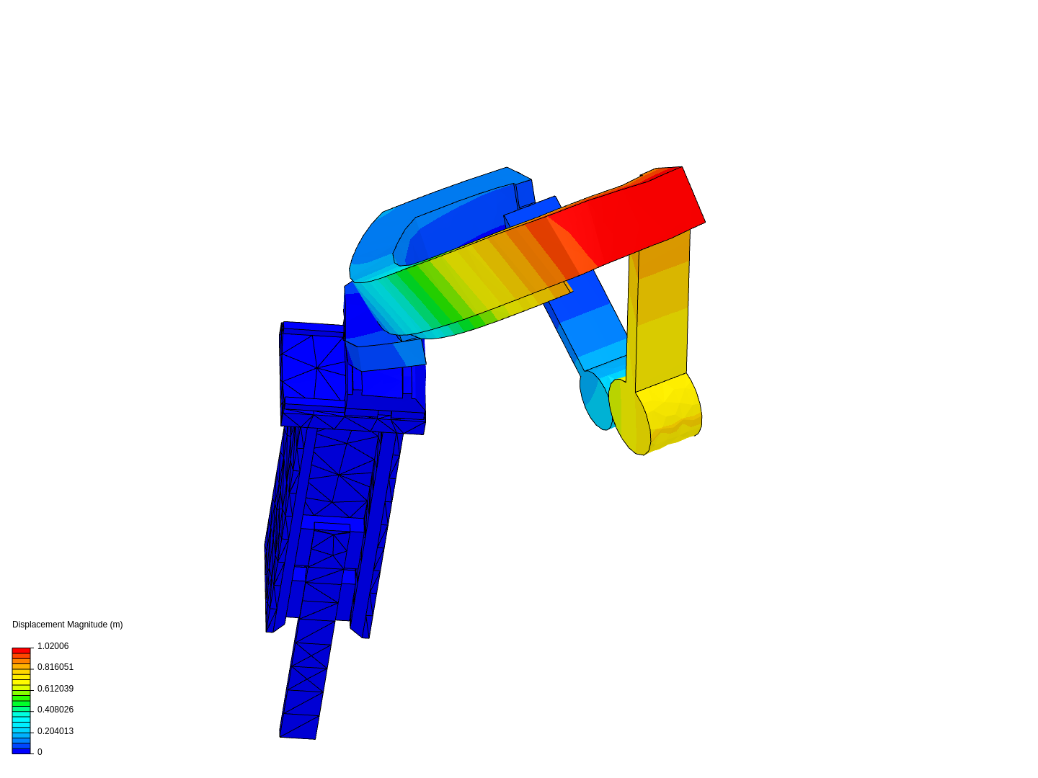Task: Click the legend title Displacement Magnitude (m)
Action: pyautogui.click(x=67, y=624)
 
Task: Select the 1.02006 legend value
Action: pyautogui.click(x=53, y=645)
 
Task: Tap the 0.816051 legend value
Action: pyautogui.click(x=56, y=666)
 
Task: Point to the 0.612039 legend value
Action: pyautogui.click(x=56, y=688)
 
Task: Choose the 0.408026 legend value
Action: pyautogui.click(x=56, y=709)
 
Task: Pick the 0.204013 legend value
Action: pyautogui.click(x=56, y=730)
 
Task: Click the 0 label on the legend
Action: pyautogui.click(x=40, y=751)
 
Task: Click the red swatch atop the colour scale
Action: pyautogui.click(x=22, y=650)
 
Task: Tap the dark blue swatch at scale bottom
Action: pyautogui.click(x=22, y=751)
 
